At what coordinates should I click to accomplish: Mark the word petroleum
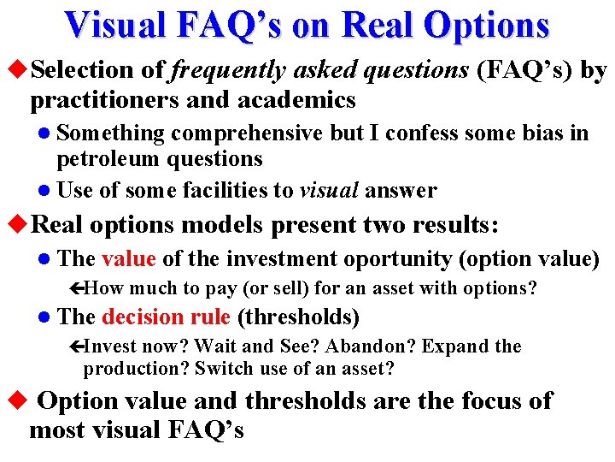108,159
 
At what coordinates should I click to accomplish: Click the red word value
128,258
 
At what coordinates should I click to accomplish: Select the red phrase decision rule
167,317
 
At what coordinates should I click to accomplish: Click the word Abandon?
373,346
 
